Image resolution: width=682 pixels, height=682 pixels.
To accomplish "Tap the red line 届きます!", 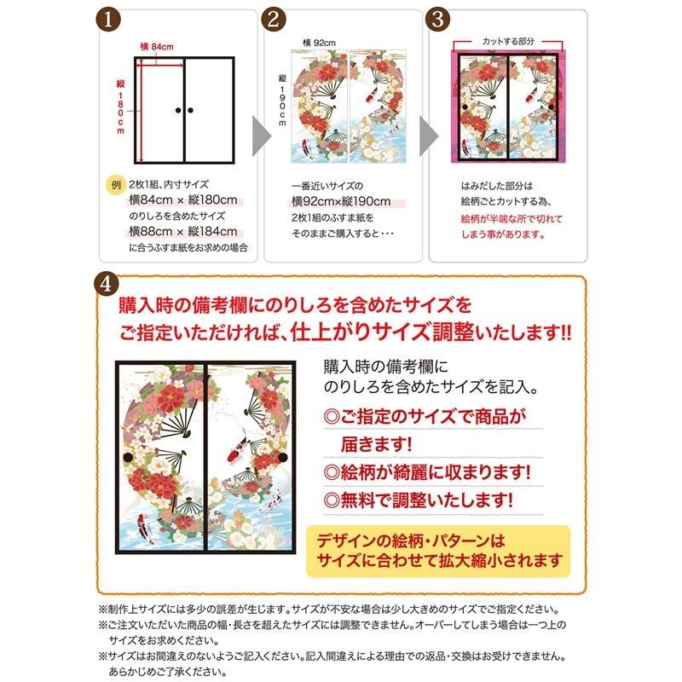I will pyautogui.click(x=372, y=443).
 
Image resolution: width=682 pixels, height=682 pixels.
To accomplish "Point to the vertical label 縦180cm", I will pyautogui.click(x=120, y=107).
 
